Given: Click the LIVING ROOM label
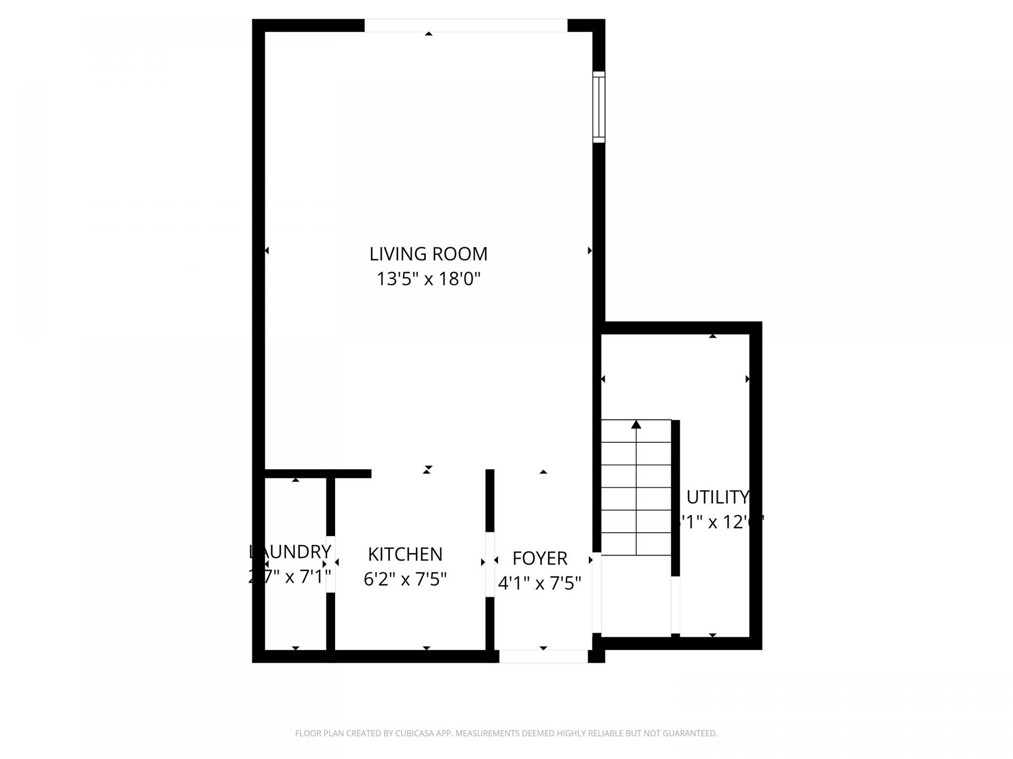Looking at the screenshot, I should coord(428,254).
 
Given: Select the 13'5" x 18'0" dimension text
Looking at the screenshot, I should coord(428,279).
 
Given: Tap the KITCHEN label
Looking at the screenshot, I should coord(405,554).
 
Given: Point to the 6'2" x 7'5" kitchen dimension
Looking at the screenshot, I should coord(405,580).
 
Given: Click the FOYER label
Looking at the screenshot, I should coord(540,558).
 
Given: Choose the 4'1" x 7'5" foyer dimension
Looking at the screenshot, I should coord(540,583).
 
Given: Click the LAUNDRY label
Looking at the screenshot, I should coord(290,552).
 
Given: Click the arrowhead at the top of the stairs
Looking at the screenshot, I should coord(636,424).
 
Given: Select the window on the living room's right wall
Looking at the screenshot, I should coord(598,107).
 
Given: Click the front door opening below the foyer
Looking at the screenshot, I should coord(543,656).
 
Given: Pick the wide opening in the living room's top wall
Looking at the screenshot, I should coord(465,25).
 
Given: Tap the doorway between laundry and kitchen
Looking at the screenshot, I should coord(331,564).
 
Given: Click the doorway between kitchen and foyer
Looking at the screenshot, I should coord(490,565).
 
